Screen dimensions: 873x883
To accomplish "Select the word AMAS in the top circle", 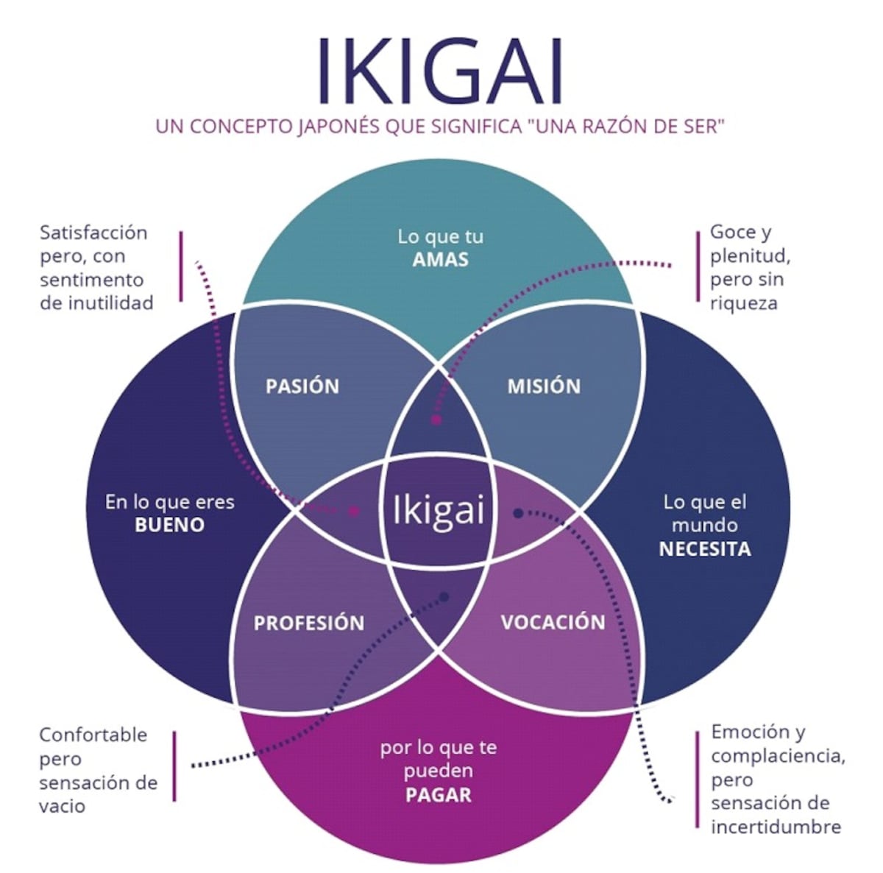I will (x=440, y=260).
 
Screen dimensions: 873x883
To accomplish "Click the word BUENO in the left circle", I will (x=169, y=525).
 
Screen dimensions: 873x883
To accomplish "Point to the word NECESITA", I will (x=704, y=549).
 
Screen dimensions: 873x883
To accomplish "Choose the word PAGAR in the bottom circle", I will (x=438, y=795).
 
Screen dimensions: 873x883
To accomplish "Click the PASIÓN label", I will (x=302, y=386).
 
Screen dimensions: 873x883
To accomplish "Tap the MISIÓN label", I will (x=544, y=386).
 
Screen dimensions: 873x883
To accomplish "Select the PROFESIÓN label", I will (x=309, y=623).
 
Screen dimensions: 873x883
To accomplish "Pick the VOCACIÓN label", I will (x=553, y=623).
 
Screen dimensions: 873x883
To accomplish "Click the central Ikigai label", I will (x=439, y=510).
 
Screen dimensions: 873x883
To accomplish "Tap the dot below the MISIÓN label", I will (x=436, y=420).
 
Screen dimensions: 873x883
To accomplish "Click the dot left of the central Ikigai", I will (x=355, y=510).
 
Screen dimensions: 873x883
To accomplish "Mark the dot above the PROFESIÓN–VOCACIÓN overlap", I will (x=444, y=597).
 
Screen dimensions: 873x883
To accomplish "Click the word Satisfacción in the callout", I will (x=93, y=233).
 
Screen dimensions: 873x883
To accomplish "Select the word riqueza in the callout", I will (x=743, y=303).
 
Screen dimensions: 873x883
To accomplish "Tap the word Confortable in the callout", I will (x=93, y=735).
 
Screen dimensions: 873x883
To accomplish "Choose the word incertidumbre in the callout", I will (x=776, y=827).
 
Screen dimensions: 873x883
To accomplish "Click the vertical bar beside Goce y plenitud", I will (x=697, y=266).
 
